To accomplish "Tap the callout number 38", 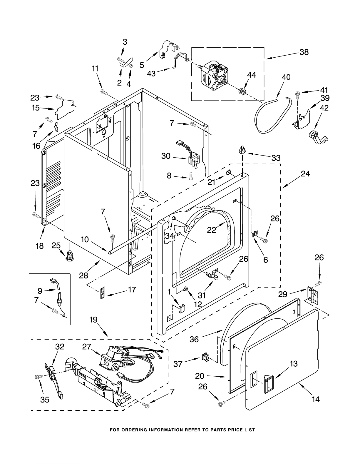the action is pyautogui.click(x=304, y=52).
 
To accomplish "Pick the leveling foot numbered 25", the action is pyautogui.click(x=69, y=255).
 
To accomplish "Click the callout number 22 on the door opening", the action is pyautogui.click(x=211, y=230).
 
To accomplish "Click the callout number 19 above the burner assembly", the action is pyautogui.click(x=93, y=320).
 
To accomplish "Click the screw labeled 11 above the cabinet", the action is pyautogui.click(x=104, y=92).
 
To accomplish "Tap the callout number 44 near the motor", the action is pyautogui.click(x=252, y=75).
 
